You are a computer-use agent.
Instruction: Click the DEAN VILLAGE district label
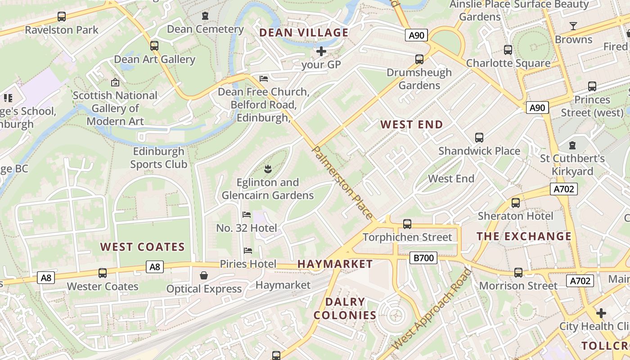[304, 32]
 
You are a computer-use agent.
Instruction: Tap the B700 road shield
[424, 258]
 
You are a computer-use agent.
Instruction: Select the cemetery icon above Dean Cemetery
[205, 16]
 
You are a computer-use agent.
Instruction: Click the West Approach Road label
[431, 309]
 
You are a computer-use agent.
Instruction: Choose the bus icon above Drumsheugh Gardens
[419, 59]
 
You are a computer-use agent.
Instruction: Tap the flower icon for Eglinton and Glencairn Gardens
[268, 169]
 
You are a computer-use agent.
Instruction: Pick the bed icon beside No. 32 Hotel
[247, 215]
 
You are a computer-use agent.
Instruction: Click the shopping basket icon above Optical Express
[204, 275]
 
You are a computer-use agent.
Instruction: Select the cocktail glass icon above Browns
[573, 26]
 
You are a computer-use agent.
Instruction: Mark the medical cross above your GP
[321, 51]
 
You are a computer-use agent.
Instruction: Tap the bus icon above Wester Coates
[103, 273]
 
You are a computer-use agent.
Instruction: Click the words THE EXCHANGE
[524, 236]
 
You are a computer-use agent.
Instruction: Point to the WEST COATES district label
[142, 247]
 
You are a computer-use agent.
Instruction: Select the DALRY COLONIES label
[345, 308]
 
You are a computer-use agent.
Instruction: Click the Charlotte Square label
[508, 63]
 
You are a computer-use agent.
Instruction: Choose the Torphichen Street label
[407, 237]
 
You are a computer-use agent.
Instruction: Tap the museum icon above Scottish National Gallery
[115, 82]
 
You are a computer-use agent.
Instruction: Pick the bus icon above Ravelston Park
[62, 17]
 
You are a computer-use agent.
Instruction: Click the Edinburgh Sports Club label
[159, 157]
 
